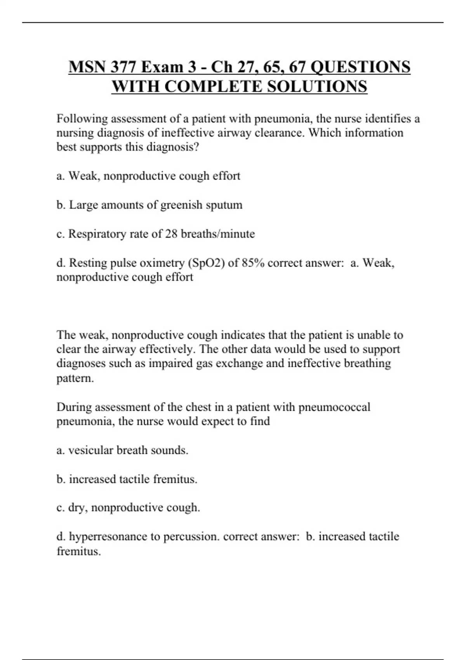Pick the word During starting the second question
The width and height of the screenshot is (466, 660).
coord(74,407)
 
